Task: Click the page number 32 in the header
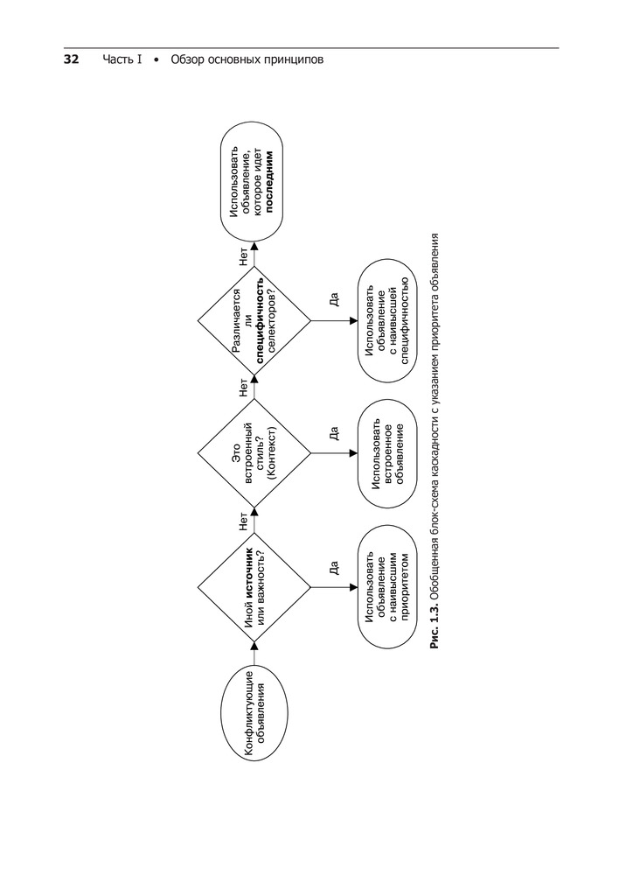click(71, 60)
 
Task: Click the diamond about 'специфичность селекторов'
click(254, 321)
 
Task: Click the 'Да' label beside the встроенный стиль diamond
click(333, 433)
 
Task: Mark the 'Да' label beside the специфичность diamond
click(333, 300)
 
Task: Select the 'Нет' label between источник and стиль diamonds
click(242, 522)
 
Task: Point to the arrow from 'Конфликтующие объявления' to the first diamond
click(254, 648)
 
